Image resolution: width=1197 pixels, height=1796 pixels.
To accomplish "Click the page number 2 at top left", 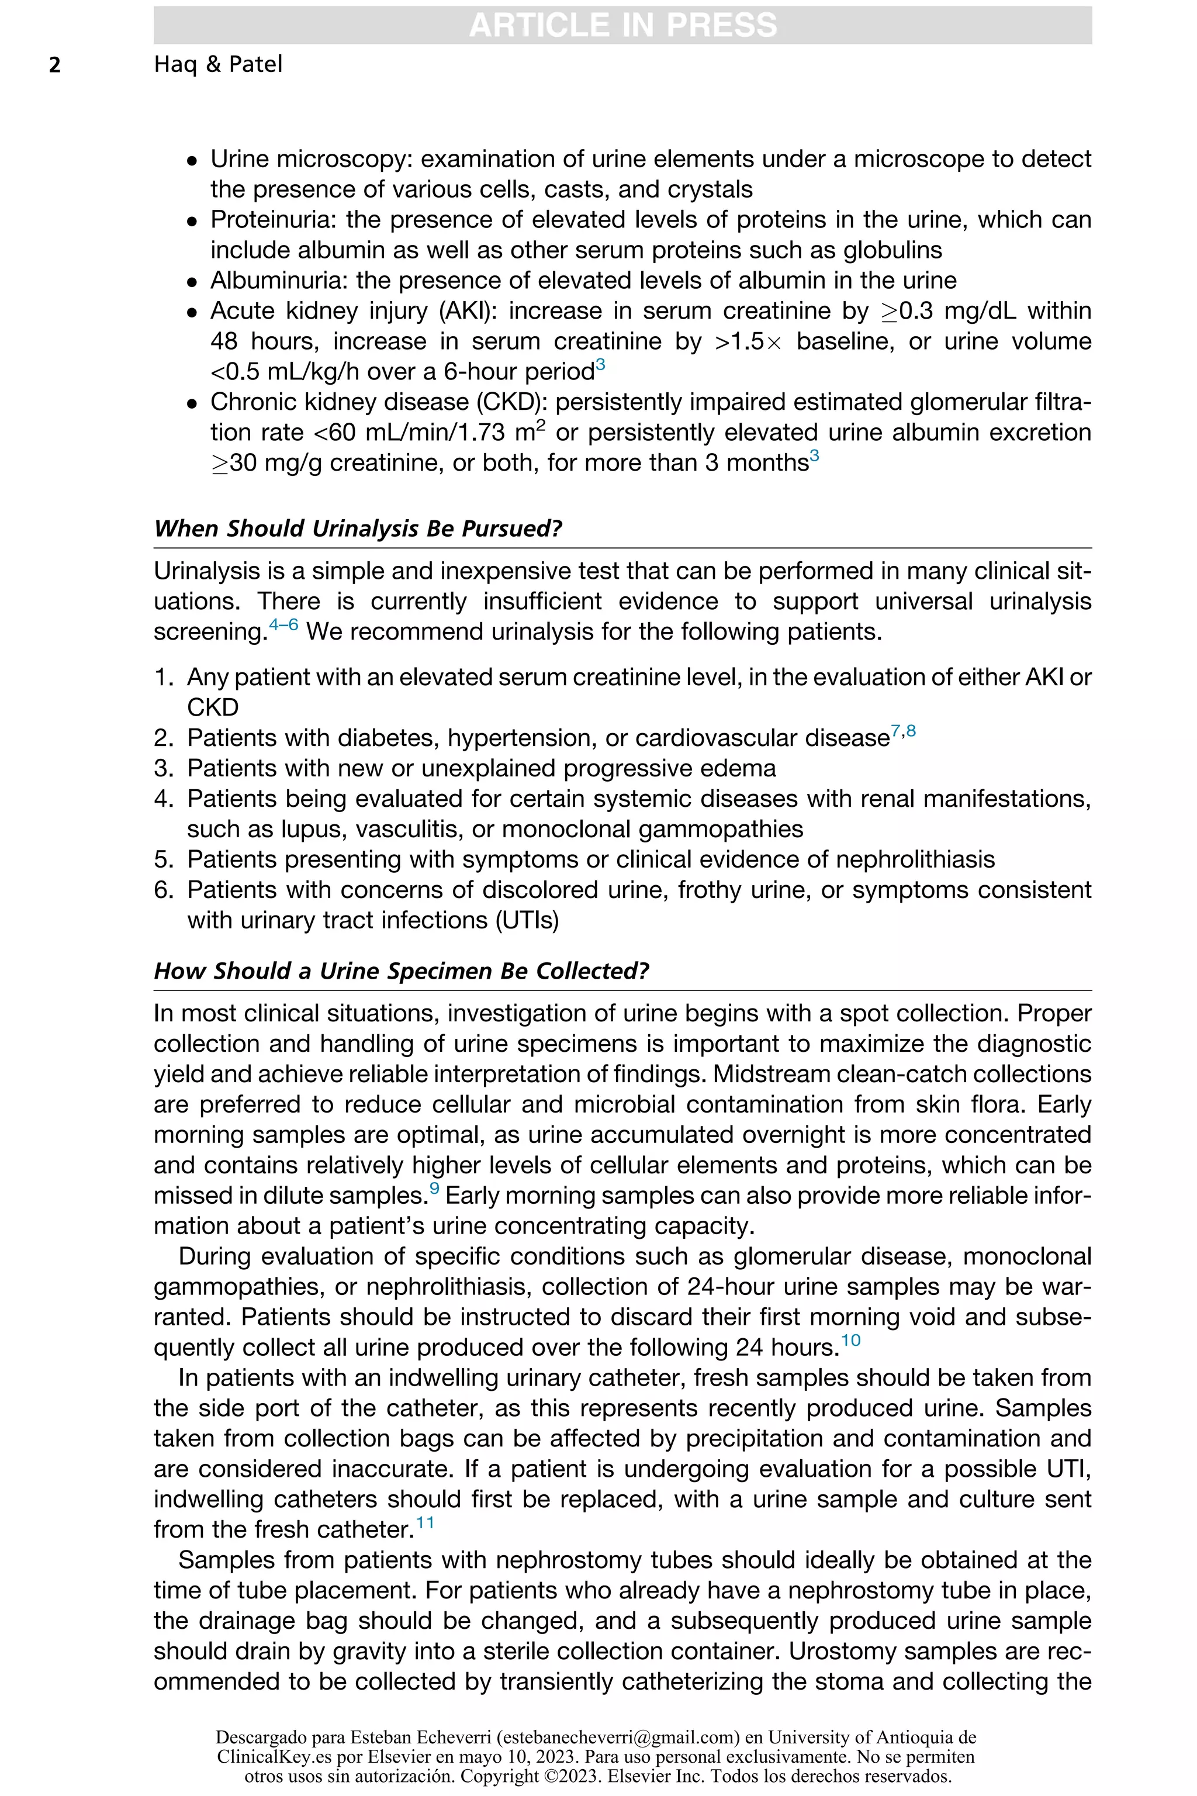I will pos(55,65).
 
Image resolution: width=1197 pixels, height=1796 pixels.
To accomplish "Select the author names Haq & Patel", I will pos(217,64).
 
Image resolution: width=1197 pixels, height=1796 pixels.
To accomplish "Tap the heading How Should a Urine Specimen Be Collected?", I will pos(401,970).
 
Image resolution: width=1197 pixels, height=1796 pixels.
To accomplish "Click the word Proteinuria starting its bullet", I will pos(274,220).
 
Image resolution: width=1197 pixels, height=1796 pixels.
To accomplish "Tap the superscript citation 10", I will pos(850,1340).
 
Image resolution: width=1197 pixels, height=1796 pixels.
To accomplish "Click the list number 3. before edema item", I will pos(164,768).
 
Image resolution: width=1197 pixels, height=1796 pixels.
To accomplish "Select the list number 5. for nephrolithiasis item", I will pos(164,860).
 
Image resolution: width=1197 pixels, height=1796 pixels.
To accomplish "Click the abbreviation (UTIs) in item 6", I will pos(527,920).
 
